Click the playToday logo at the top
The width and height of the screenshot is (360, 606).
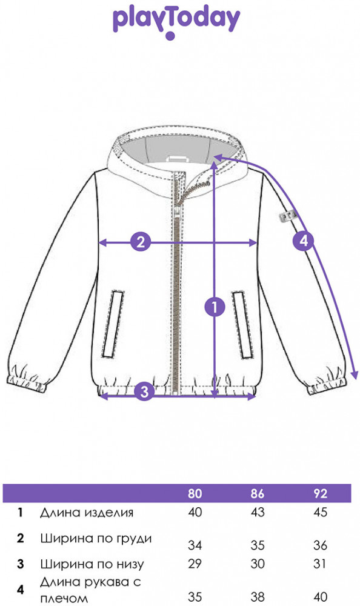point(176,22)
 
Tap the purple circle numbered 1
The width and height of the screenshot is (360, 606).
point(215,307)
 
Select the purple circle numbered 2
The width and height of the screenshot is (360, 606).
point(141,242)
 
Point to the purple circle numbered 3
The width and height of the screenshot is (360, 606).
point(144,391)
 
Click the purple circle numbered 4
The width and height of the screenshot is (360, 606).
point(304,241)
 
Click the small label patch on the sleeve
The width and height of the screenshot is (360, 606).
point(288,216)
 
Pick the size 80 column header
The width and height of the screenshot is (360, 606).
point(195,493)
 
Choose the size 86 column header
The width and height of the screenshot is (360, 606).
point(258,493)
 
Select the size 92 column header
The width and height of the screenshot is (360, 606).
point(321,493)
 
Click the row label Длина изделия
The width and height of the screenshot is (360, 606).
point(87,513)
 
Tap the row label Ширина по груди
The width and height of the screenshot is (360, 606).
point(96,539)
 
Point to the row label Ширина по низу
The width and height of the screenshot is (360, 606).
point(92,564)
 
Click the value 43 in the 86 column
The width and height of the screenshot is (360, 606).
point(258,512)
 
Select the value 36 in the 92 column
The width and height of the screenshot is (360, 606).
point(321,545)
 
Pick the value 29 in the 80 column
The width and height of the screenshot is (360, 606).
point(195,564)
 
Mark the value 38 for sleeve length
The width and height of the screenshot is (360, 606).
point(258,597)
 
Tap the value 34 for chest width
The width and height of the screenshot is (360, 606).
point(195,545)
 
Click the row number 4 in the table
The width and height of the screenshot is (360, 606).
point(21,590)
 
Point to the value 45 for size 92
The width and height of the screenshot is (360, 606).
point(321,512)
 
